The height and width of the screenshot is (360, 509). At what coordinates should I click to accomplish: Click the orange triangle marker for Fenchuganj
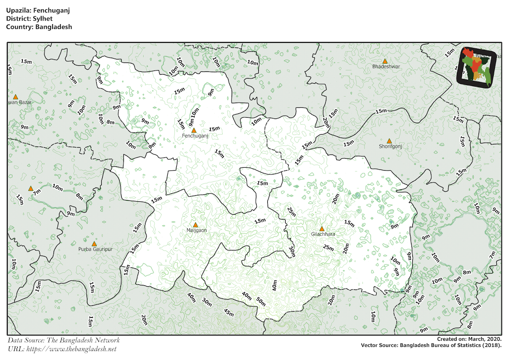(194, 130)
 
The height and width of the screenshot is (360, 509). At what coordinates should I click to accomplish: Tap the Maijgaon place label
(196, 231)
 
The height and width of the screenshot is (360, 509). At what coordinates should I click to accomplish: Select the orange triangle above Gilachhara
(322, 229)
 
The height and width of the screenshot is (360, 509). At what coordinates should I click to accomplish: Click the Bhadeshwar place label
(386, 67)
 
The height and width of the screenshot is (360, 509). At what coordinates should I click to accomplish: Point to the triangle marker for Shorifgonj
(389, 141)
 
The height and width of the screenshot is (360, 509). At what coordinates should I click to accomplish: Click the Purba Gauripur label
(95, 249)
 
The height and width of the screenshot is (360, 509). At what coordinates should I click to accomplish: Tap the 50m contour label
(260, 301)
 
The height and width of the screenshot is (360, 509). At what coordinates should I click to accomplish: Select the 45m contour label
(229, 313)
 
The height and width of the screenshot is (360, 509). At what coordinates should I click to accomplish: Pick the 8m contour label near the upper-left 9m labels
(110, 122)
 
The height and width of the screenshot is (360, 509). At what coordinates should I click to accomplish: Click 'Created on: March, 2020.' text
(469, 340)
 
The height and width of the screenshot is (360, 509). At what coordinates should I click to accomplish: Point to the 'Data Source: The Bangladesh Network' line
(64, 340)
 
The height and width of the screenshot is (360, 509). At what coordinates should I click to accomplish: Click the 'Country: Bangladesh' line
(39, 26)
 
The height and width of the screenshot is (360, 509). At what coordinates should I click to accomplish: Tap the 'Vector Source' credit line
(431, 346)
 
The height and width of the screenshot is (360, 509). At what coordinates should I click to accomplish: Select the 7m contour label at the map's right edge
(492, 255)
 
